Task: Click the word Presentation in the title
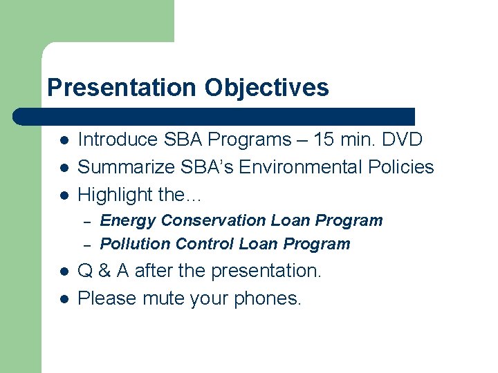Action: tap(121, 88)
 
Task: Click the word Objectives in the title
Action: tap(266, 88)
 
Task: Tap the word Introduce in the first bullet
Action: tap(118, 140)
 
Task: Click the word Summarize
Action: tap(127, 167)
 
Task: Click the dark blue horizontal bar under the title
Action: tap(214, 116)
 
